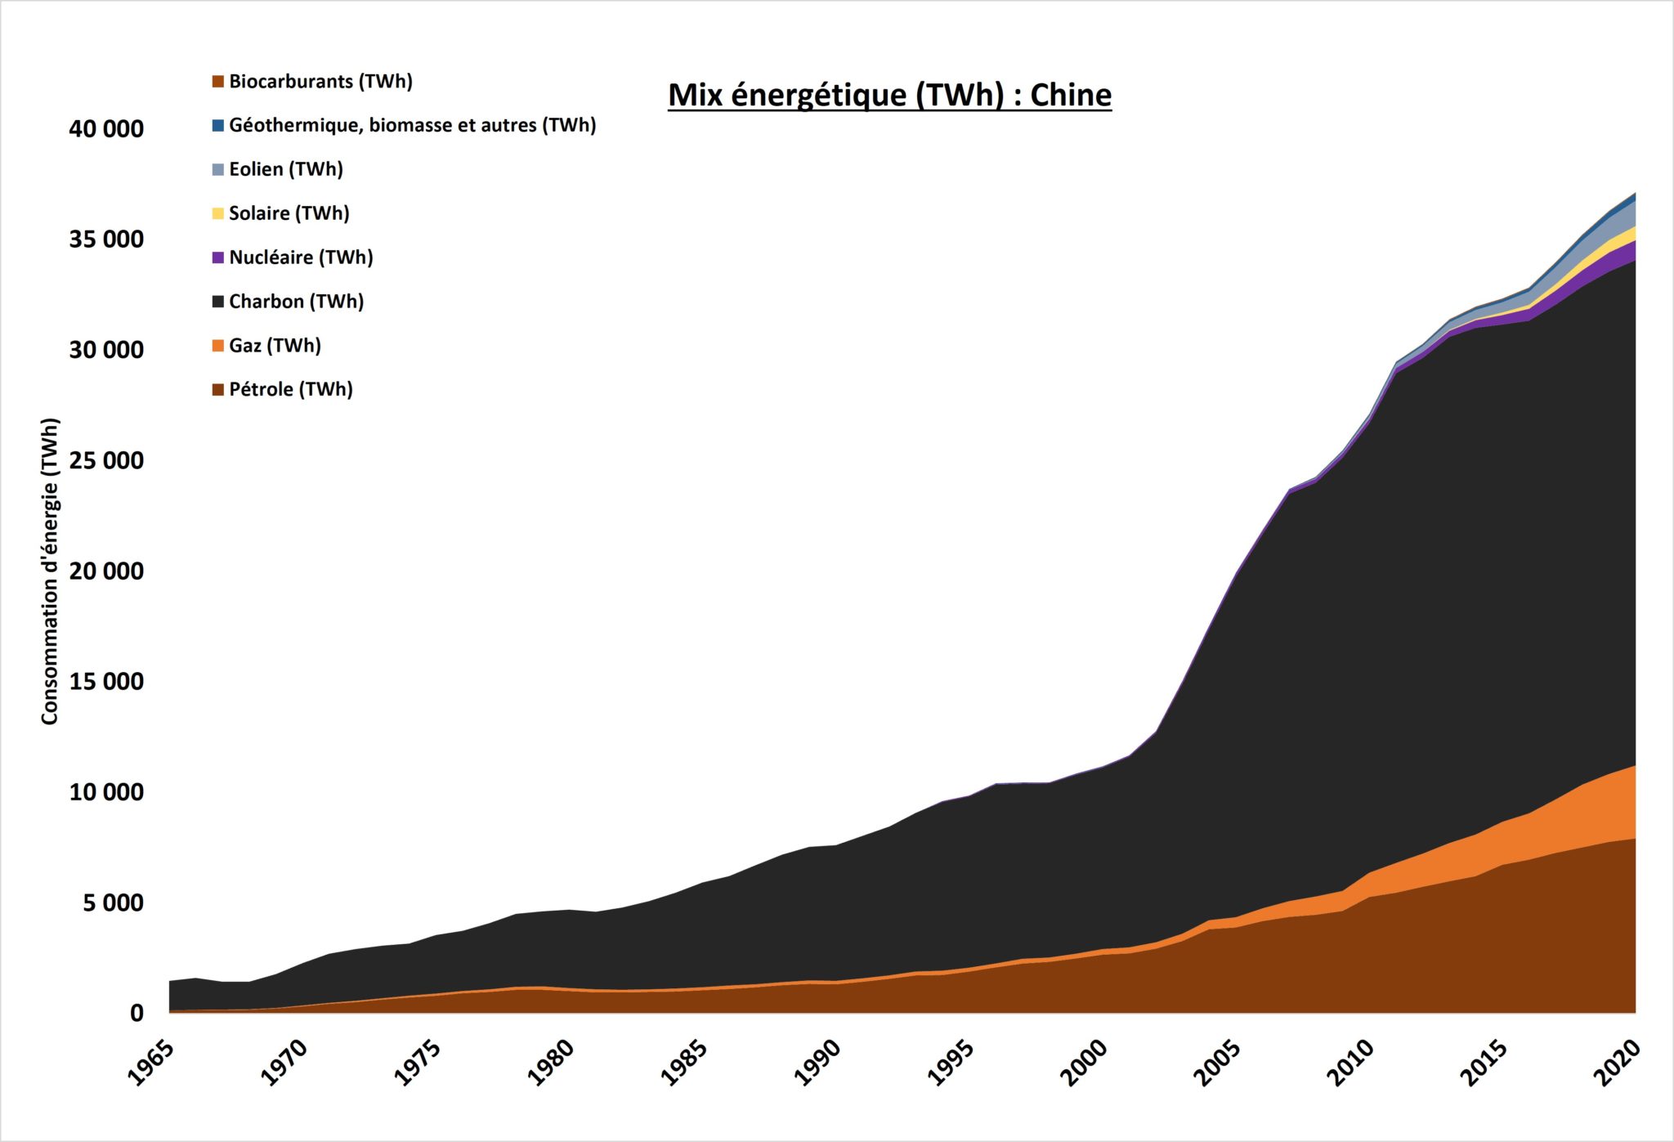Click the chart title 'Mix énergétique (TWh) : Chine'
tap(889, 95)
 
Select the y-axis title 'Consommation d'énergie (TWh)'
tap(50, 571)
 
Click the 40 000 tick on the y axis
tap(106, 129)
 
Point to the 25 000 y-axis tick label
tap(106, 461)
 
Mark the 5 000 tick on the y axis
tap(113, 903)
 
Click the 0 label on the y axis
tap(137, 1014)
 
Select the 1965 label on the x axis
tap(152, 1063)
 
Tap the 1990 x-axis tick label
tap(818, 1063)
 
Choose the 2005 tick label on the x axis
tap(1218, 1063)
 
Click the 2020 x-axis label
tap(1618, 1063)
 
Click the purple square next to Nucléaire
tap(218, 258)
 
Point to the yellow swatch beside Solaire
tap(218, 213)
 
